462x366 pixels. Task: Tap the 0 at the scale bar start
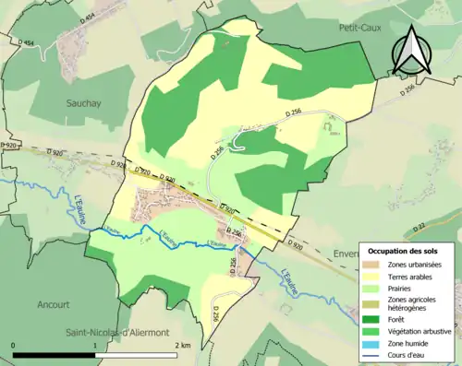click(x=13, y=345)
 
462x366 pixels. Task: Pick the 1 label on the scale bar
click(x=95, y=345)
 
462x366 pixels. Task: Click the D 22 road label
click(x=446, y=226)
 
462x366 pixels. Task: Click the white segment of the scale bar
click(x=136, y=355)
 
